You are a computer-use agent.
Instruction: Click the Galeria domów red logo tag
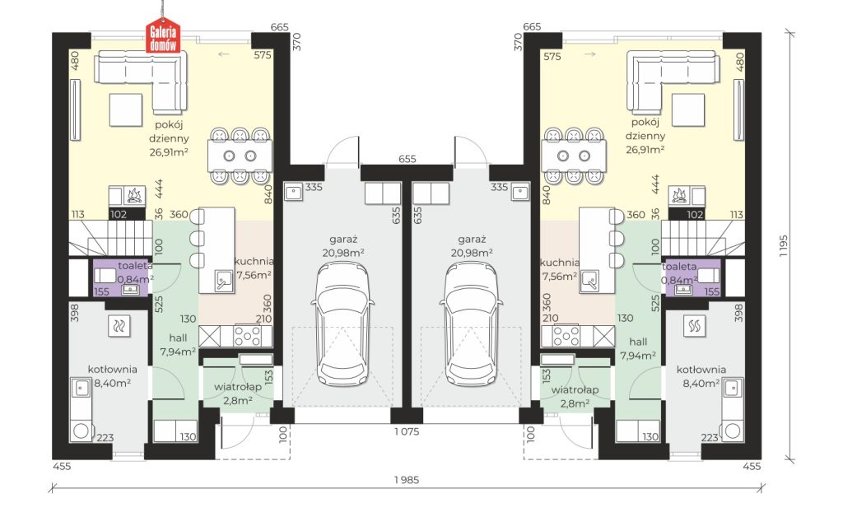click(162, 38)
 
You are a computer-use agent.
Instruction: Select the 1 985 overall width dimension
click(406, 479)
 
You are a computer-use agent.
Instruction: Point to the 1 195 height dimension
click(783, 246)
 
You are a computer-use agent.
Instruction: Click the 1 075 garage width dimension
click(407, 431)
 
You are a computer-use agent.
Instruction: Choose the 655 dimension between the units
click(407, 159)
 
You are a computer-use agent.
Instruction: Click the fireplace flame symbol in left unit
click(134, 195)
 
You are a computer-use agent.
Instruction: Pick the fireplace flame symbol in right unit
click(678, 195)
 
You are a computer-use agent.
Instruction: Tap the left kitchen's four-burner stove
click(247, 337)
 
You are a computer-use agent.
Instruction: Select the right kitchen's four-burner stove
click(566, 337)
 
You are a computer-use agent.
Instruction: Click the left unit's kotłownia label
click(112, 369)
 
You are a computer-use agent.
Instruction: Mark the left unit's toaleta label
click(135, 265)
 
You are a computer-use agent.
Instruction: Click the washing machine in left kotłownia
click(82, 431)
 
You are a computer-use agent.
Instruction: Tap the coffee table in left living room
click(126, 109)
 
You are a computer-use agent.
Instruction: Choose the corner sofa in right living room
click(673, 81)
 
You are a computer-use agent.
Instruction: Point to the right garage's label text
click(472, 245)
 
